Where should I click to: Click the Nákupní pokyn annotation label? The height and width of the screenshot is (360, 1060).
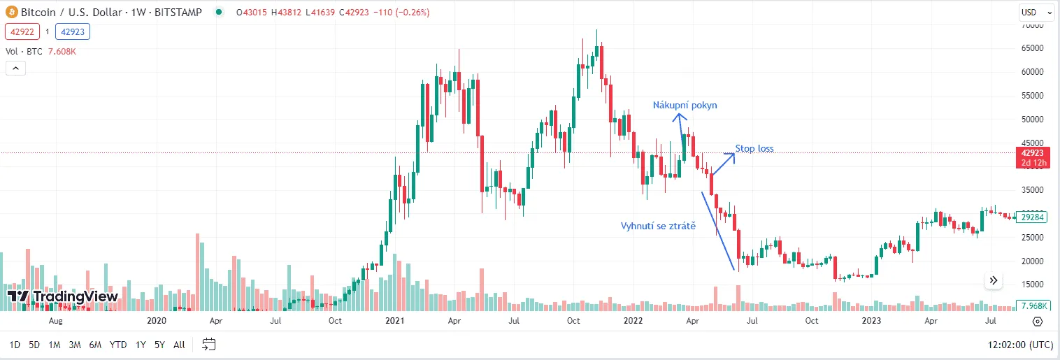point(685,106)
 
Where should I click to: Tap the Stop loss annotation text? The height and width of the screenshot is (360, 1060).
point(754,149)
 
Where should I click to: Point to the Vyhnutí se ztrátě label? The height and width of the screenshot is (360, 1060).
point(658,226)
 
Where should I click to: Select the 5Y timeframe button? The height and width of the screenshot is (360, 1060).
point(159,345)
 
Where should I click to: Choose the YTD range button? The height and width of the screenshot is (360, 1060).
point(118,345)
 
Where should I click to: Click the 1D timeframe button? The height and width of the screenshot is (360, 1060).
point(15,345)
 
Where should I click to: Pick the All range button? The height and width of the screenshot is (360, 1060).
point(179,345)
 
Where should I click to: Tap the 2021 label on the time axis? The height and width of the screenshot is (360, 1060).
point(395,321)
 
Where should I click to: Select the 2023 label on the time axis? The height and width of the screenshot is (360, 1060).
point(871,321)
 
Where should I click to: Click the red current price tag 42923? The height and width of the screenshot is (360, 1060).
point(1032,153)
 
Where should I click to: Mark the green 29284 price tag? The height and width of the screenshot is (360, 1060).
point(1032,217)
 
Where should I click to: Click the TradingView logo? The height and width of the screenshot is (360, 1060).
point(62,296)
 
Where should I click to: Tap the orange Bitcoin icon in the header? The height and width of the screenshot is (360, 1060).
point(11,13)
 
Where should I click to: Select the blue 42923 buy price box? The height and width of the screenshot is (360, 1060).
point(73,31)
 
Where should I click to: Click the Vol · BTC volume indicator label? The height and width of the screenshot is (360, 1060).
point(25,50)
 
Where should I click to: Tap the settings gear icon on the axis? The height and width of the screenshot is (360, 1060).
point(1037,322)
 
